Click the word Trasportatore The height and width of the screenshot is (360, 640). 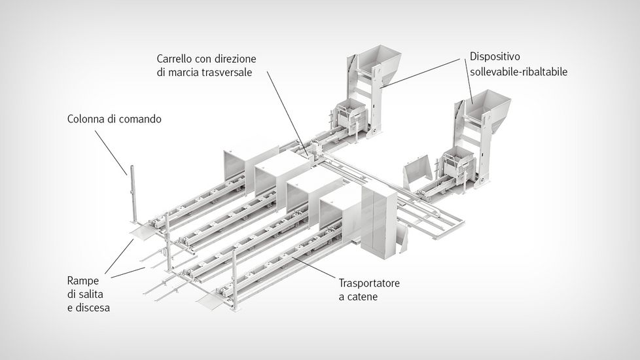click(369, 283)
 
